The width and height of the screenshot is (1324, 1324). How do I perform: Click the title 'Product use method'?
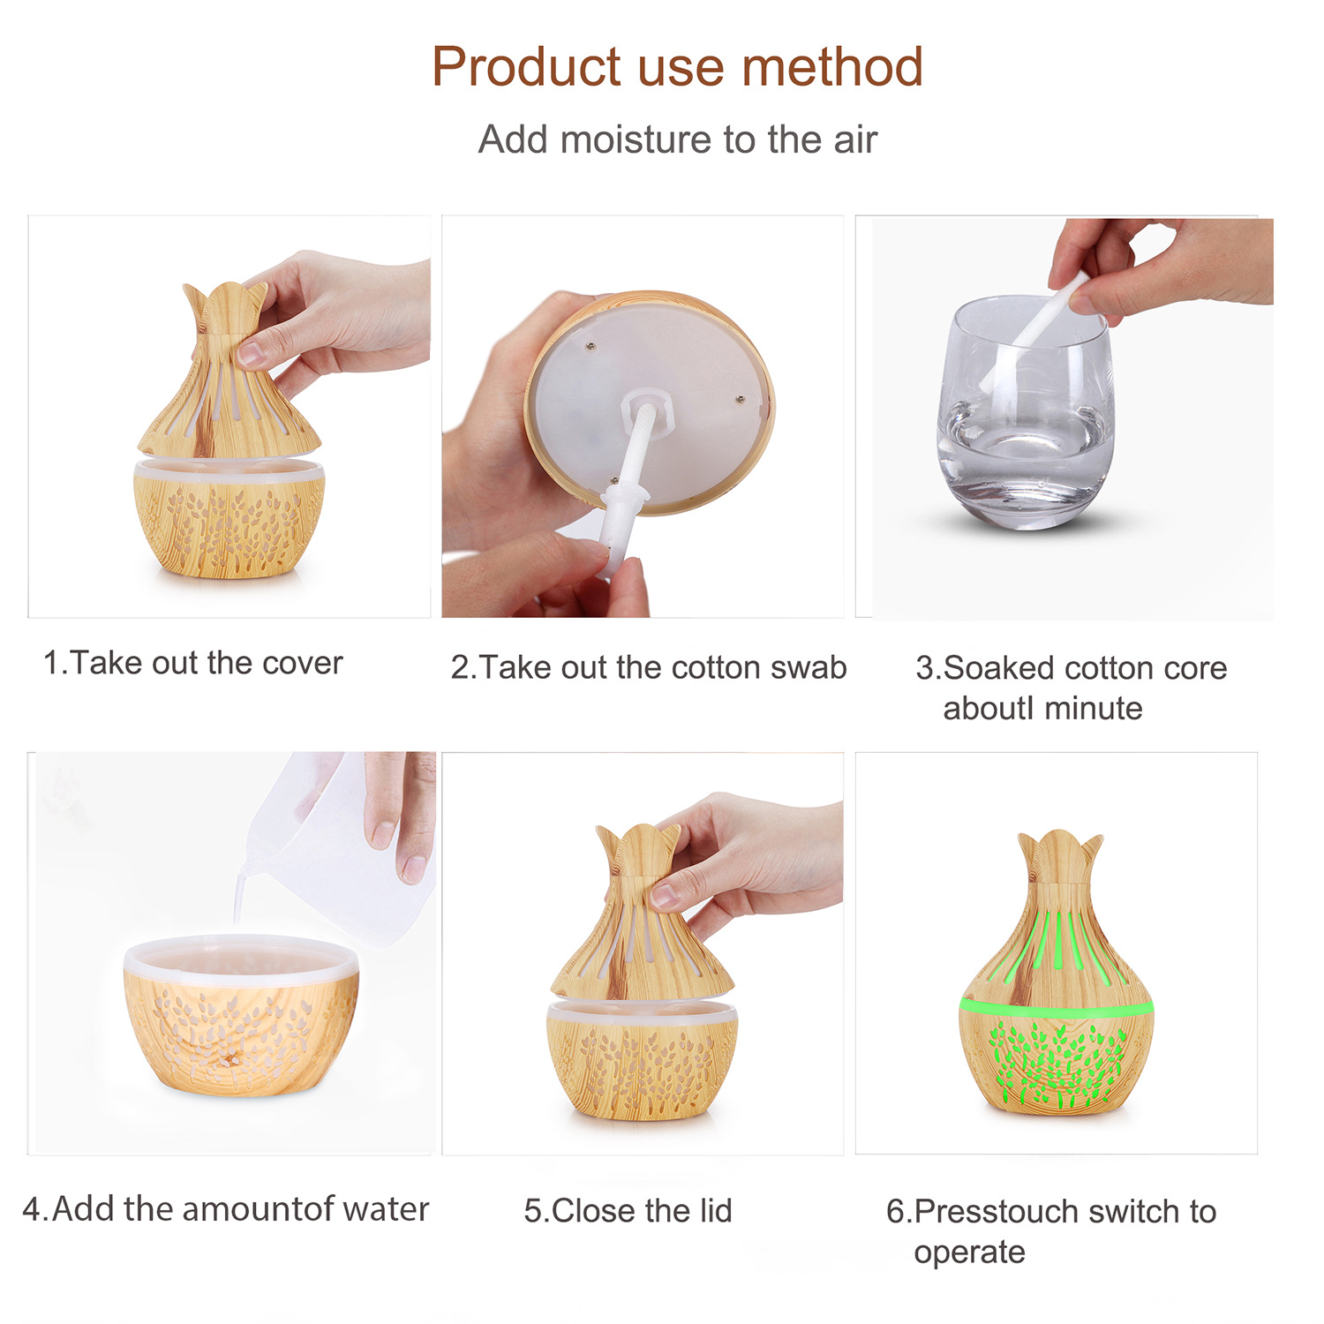coord(677,67)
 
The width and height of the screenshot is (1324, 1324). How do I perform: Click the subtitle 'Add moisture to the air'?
coord(677,139)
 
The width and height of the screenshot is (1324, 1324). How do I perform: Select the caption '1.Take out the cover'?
coord(192,663)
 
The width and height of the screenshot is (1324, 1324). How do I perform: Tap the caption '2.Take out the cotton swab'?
coord(648,667)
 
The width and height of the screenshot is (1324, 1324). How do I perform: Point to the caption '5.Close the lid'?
coord(628,1211)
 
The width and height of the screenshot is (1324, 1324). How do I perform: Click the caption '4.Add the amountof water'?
coord(226,1209)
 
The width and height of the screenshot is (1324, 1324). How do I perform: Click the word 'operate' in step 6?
coord(969,1253)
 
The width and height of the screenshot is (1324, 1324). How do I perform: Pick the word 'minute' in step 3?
coord(1093,709)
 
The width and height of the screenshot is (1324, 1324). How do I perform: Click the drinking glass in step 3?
coord(1026,412)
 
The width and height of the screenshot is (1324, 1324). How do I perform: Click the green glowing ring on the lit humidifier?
coord(1057,1007)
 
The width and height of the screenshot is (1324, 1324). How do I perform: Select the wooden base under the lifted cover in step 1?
coord(229,518)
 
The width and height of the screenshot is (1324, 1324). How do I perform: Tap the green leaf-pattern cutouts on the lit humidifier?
coord(1057,1064)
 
